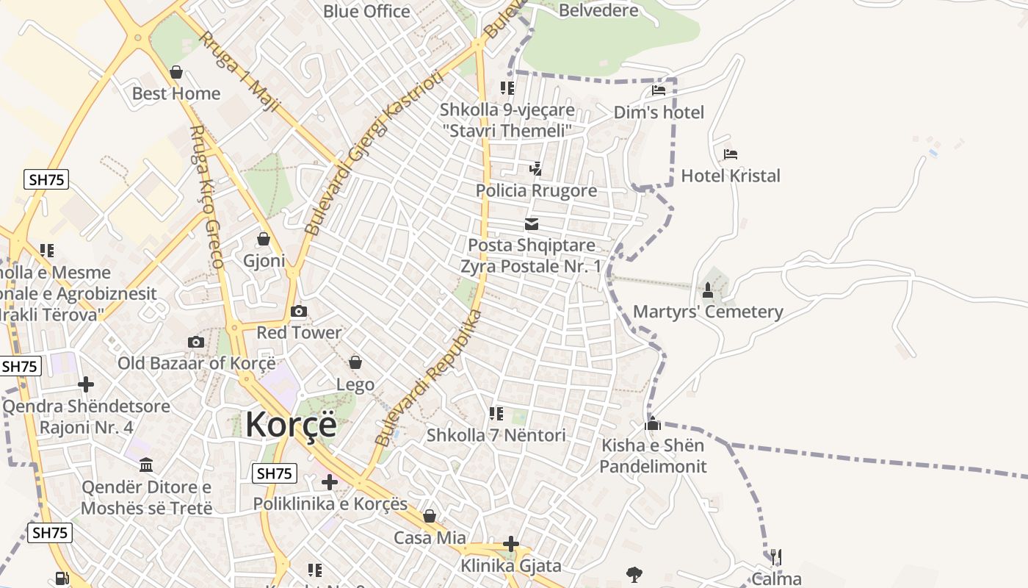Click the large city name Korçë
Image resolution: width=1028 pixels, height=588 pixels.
click(x=291, y=425)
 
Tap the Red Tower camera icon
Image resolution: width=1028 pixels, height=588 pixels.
click(x=299, y=312)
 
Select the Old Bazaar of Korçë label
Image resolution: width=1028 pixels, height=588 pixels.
click(x=197, y=363)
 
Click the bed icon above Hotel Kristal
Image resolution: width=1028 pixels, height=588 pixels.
click(x=730, y=154)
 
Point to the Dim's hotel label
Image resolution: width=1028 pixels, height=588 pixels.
click(x=659, y=112)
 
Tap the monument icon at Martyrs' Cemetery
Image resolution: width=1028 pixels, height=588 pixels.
click(x=708, y=290)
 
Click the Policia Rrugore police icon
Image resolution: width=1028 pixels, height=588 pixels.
click(x=535, y=169)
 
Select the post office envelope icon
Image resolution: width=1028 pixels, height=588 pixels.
click(x=532, y=224)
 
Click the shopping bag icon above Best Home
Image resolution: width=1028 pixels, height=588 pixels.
click(x=176, y=72)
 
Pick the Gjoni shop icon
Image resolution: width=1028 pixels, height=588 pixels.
click(x=264, y=240)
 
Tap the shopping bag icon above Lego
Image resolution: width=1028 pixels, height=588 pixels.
click(x=355, y=362)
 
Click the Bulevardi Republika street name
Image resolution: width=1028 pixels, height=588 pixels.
click(x=428, y=379)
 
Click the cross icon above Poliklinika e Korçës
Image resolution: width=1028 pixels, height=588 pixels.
click(x=330, y=482)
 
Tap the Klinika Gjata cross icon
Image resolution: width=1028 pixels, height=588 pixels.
click(x=511, y=545)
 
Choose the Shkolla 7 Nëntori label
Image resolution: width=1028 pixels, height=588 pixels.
click(x=496, y=435)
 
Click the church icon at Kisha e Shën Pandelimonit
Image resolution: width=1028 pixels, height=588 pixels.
click(x=653, y=424)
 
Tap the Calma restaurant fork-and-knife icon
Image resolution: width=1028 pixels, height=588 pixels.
click(x=775, y=556)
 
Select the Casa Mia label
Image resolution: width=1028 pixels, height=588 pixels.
click(x=430, y=538)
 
